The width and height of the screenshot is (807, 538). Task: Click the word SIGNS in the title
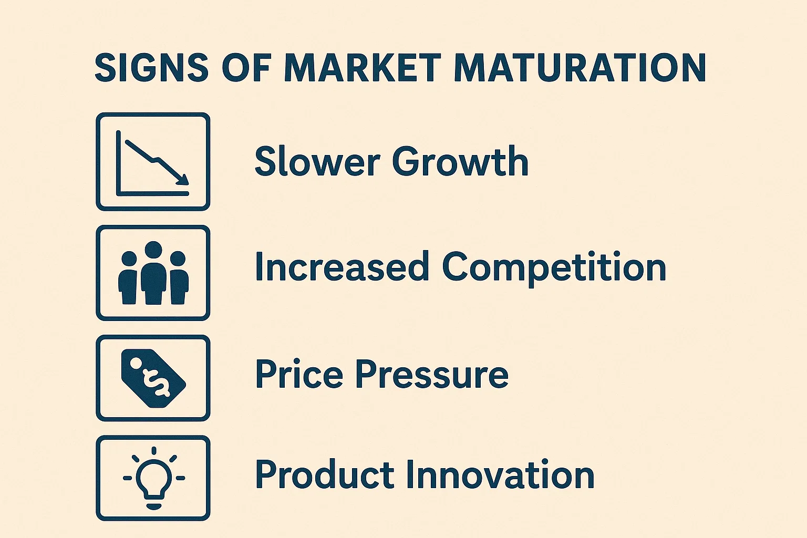152,68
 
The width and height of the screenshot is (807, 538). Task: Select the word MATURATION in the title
581,68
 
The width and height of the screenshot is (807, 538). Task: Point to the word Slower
317,161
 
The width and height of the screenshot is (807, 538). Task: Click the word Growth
460,161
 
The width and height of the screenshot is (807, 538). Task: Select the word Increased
342,267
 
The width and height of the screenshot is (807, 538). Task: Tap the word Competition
554,268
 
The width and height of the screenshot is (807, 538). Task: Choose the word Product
325,474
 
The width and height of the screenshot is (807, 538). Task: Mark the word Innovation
500,474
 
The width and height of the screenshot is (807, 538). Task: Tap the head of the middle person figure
153,250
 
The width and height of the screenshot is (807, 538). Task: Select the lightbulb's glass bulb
154,477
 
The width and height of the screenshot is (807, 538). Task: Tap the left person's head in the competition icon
129,258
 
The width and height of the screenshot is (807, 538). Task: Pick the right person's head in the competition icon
178,258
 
